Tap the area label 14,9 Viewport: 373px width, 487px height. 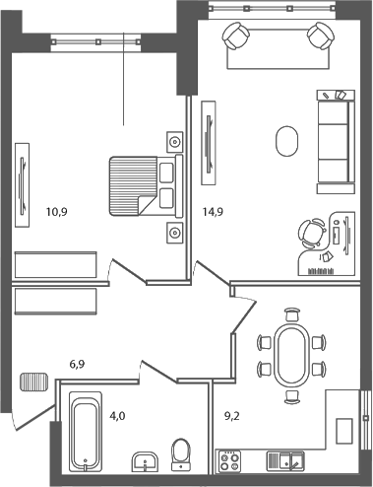tap(212, 210)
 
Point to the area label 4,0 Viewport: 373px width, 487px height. tap(117, 416)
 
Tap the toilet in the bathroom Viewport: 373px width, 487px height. tap(180, 453)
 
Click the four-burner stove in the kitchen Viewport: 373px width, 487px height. tap(230, 460)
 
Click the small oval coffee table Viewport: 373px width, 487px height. tap(287, 139)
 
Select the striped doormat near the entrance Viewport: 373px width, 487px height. tap(33, 381)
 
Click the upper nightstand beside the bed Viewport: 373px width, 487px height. tap(175, 139)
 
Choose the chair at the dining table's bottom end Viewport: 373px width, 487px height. tap(290, 396)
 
